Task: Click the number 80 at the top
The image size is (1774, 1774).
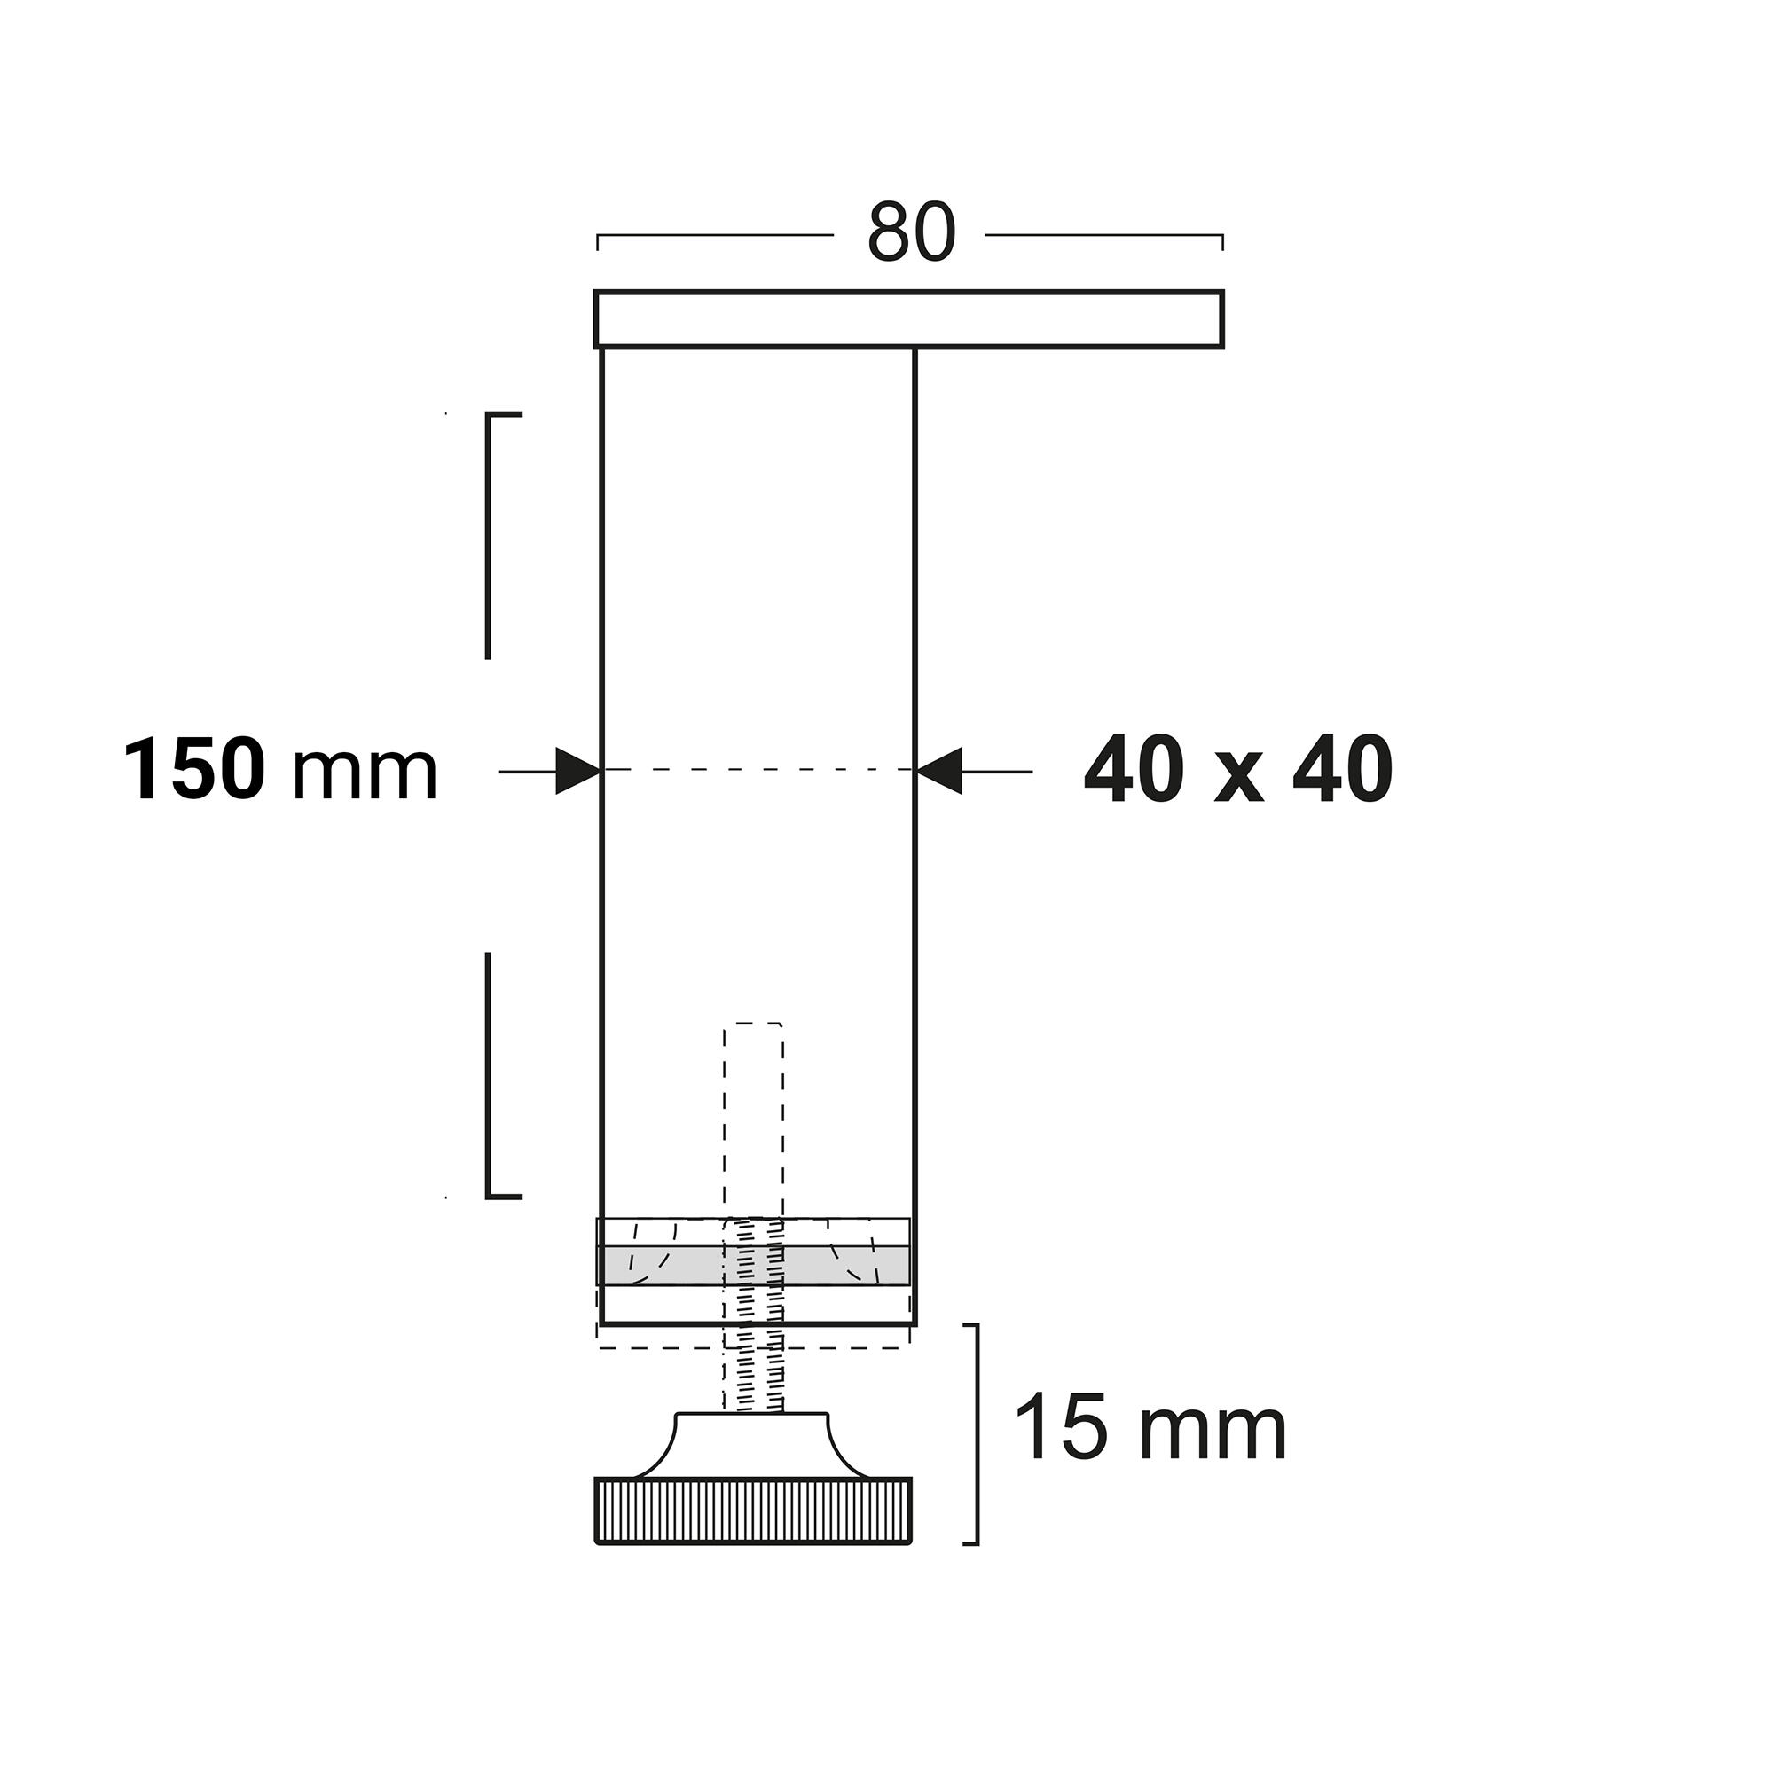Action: tap(911, 233)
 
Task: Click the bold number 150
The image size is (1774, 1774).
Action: tap(194, 772)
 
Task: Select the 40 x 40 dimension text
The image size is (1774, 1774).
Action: tap(1237, 772)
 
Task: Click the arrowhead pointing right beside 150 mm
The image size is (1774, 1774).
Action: tap(577, 772)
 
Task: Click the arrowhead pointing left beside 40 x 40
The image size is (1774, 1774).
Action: tap(939, 772)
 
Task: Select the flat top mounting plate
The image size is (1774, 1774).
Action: tap(909, 319)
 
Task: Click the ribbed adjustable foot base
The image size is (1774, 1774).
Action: tap(754, 1511)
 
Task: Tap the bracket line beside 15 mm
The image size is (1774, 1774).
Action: tap(976, 1433)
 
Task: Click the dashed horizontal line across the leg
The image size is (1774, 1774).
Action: tap(758, 769)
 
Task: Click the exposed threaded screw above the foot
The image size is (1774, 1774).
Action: tap(754, 1378)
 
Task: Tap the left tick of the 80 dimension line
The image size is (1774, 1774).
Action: tap(598, 241)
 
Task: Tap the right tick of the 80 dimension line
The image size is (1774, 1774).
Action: tap(1222, 241)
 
